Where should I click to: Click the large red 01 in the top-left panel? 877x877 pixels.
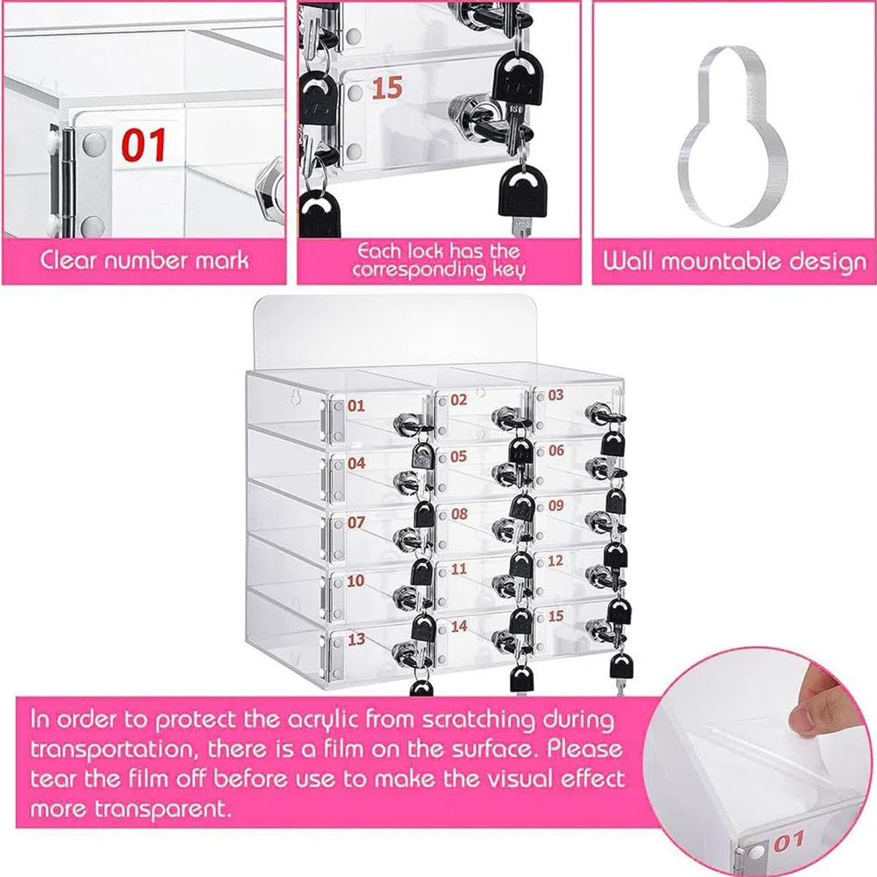[144, 145]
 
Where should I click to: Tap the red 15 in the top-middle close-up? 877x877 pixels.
[387, 88]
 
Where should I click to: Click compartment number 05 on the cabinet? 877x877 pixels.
[458, 456]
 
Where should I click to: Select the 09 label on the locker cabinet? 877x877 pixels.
[555, 505]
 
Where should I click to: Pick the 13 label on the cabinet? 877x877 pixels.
[357, 639]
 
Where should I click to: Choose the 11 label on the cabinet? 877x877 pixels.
[459, 569]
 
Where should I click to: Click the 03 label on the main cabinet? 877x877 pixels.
[555, 395]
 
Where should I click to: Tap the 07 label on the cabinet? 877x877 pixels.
[357, 523]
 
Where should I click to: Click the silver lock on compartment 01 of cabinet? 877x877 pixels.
[403, 422]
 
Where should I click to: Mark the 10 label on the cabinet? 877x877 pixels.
[356, 581]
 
